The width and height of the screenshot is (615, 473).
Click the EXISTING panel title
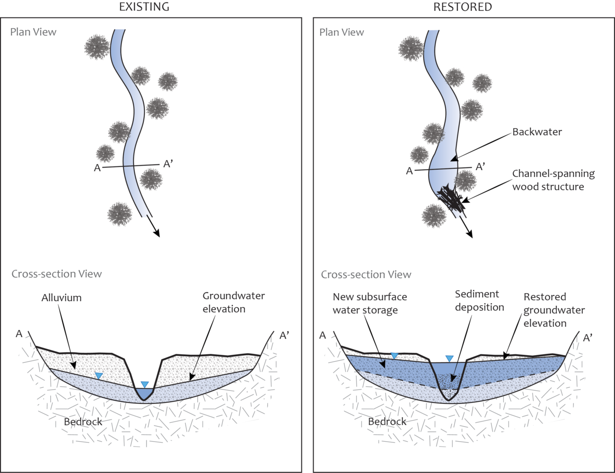pos(144,7)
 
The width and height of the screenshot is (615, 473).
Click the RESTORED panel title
pos(462,7)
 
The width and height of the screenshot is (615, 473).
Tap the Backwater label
pos(537,132)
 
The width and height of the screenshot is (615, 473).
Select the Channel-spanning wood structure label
pos(553,180)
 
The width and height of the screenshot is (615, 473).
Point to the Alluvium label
pos(61,298)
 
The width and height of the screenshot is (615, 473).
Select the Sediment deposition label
pos(479,301)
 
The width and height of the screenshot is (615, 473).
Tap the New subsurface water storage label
pos(369,303)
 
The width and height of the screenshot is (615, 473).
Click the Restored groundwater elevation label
pos(553,310)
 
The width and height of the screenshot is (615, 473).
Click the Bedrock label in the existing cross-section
pos(83,421)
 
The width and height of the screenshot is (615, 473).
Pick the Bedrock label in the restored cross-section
pos(387,421)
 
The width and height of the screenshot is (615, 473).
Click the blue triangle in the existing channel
pos(145,384)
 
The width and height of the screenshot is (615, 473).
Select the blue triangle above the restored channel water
pos(449,359)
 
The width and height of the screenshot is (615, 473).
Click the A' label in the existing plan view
pos(168,164)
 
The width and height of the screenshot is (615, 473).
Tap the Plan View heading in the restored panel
pos(342,32)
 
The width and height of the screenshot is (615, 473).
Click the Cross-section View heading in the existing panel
pos(56,274)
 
